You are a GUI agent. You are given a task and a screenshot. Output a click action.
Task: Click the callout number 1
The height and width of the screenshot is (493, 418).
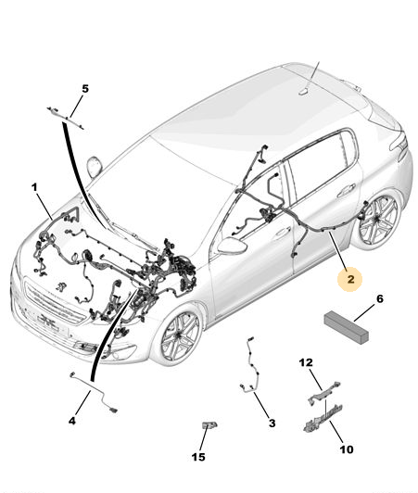tap(34, 188)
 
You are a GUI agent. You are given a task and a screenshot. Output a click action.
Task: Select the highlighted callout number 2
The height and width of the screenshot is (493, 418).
tap(350, 279)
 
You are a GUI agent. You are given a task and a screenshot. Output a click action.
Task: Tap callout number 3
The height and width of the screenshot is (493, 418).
tap(272, 423)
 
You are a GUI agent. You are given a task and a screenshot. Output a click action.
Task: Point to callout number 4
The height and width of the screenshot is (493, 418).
tap(72, 421)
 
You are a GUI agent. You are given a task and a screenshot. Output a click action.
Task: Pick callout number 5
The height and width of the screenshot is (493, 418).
tap(85, 89)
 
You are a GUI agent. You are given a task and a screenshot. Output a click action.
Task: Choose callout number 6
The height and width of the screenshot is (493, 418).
tap(380, 298)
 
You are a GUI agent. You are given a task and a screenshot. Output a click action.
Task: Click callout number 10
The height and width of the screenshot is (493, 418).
tap(347, 449)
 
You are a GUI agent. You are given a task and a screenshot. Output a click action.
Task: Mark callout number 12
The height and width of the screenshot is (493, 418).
tap(306, 362)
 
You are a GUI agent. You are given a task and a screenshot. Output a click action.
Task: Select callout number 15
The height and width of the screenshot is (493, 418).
tap(198, 457)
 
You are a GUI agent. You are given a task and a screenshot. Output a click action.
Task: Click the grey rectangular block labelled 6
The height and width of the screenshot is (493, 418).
tap(347, 327)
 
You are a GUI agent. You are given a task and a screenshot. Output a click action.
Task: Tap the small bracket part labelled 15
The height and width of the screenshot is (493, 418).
tap(209, 424)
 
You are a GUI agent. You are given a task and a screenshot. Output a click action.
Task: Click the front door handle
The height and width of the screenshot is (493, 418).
tap(283, 232)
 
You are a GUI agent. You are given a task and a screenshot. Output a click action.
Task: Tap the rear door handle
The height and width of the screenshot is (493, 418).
tap(346, 191)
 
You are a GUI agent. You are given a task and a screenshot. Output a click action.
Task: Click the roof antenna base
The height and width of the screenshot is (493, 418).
tap(303, 91)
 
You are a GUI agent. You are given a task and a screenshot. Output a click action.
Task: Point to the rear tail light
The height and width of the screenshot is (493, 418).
tap(399, 143)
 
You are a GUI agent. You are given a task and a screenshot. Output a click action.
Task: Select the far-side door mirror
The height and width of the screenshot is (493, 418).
tap(95, 167)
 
